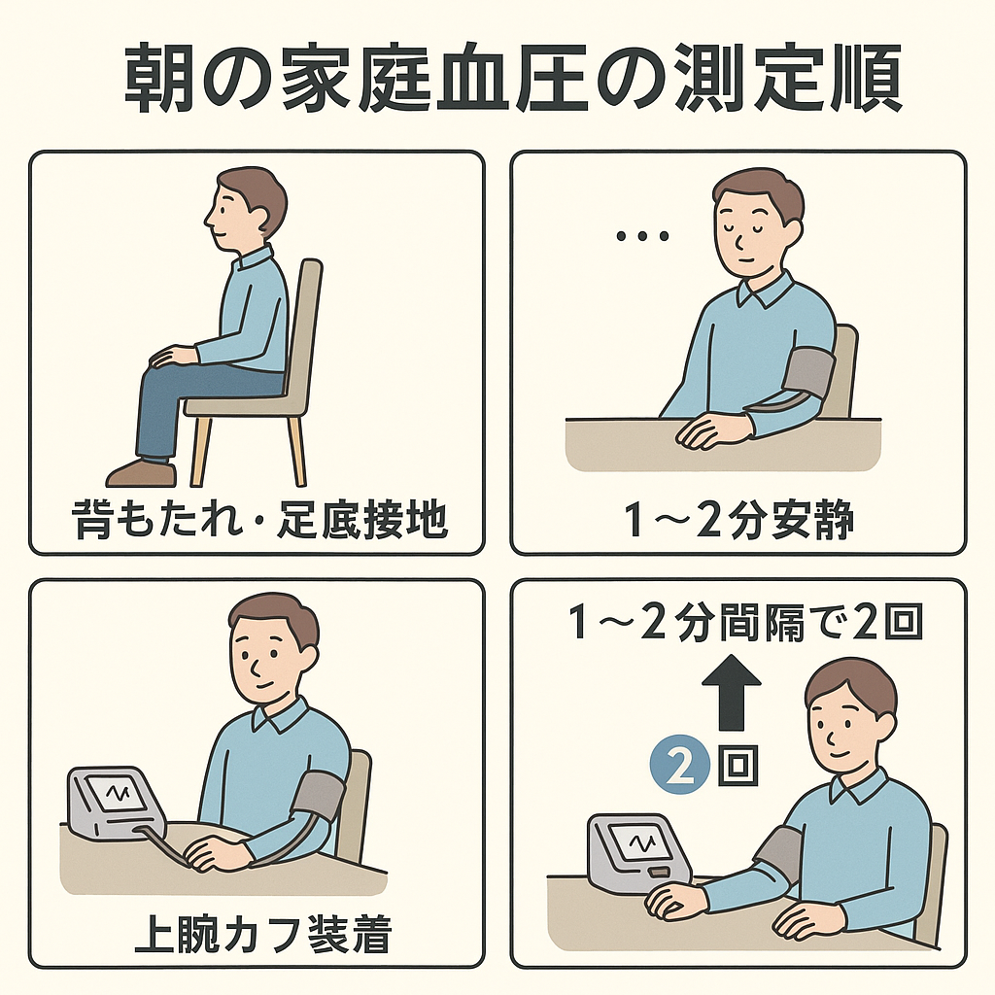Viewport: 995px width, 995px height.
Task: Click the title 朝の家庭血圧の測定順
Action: click(x=513, y=78)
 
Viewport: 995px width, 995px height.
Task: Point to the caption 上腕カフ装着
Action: click(x=262, y=934)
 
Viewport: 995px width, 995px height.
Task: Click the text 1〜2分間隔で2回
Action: click(x=745, y=622)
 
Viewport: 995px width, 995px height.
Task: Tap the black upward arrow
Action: click(x=731, y=693)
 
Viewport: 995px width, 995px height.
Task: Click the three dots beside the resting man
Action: click(x=643, y=237)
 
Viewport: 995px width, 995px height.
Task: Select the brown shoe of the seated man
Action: click(x=141, y=473)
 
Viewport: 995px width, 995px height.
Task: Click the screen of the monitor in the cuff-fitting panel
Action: click(x=118, y=793)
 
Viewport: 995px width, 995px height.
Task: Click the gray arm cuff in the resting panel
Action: click(x=808, y=373)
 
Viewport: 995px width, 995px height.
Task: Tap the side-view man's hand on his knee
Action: click(x=173, y=356)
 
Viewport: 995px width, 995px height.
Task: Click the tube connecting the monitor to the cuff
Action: click(x=163, y=847)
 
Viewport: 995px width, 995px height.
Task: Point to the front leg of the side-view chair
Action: click(x=200, y=452)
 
